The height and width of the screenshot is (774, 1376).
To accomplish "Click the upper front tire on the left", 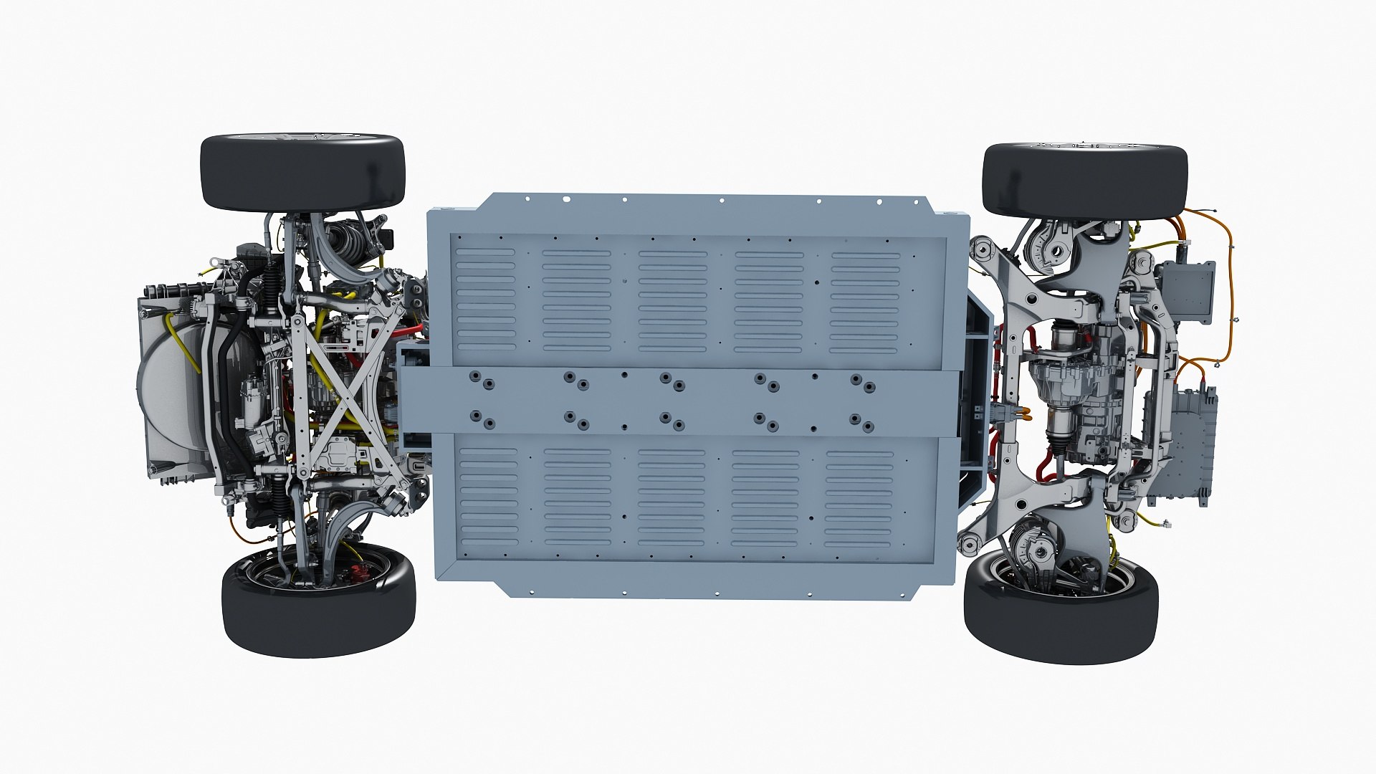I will pyautogui.click(x=302, y=172).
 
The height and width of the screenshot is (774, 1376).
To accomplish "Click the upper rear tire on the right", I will pyautogui.click(x=1084, y=181).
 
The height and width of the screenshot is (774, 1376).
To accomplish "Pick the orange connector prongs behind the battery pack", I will pyautogui.click(x=1018, y=414).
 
